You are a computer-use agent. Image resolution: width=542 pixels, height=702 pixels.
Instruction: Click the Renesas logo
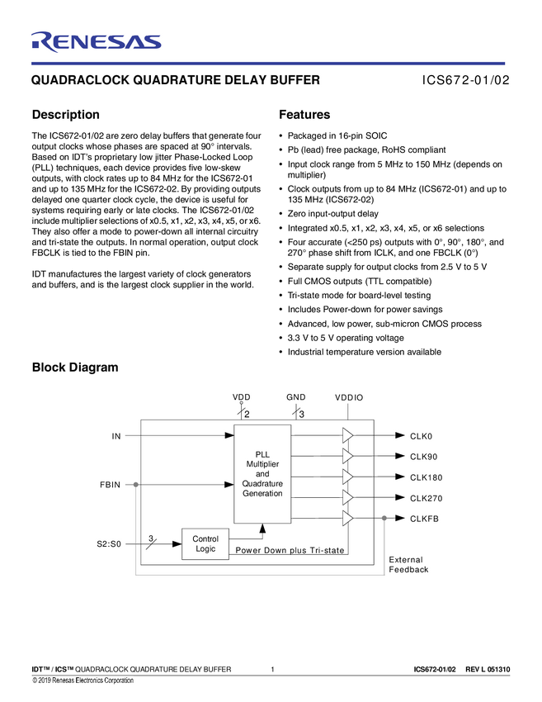96,40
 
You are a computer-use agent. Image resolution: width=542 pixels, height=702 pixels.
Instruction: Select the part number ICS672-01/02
466,81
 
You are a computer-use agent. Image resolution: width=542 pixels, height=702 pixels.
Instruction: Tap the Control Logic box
205,544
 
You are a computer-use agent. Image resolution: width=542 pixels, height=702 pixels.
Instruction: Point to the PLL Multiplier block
262,473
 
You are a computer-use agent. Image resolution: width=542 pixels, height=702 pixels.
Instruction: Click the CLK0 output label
421,435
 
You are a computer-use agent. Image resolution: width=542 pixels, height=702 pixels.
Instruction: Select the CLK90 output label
423,457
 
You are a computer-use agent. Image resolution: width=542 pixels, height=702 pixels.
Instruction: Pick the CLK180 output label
426,477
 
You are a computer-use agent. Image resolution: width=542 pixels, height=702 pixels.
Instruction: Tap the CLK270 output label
426,498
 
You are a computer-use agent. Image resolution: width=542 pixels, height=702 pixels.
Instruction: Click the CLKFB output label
424,519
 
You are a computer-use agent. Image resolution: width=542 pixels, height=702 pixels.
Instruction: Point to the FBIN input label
111,485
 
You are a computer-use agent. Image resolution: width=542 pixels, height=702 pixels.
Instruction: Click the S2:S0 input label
109,544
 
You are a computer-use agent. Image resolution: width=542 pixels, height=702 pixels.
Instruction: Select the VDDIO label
349,398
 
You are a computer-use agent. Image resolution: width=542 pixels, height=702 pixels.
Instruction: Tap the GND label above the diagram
296,397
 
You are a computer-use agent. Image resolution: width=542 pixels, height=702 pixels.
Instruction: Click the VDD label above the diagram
241,397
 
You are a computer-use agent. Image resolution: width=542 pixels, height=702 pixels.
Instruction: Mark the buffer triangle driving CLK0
347,435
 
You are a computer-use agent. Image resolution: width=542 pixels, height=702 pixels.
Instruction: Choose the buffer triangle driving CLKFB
347,519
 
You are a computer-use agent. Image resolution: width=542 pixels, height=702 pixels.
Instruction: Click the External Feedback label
408,565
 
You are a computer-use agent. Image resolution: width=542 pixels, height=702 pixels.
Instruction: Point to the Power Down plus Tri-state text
290,550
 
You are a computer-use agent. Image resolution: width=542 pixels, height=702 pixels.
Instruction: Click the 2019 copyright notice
82,681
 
